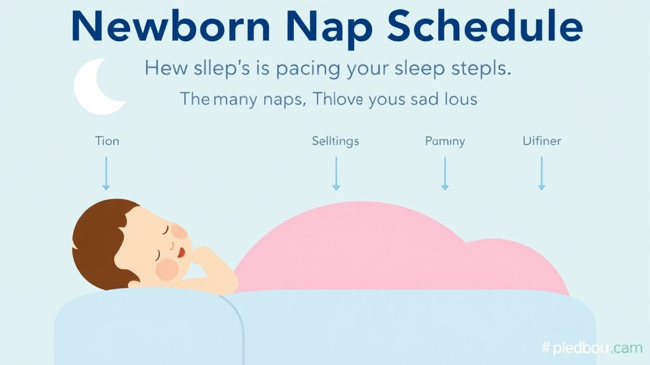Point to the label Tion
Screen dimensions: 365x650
click(x=107, y=141)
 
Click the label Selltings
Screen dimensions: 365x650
click(x=335, y=141)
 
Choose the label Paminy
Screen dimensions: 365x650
click(x=444, y=141)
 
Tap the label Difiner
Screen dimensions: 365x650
click(x=541, y=141)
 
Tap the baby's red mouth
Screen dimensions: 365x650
click(x=182, y=252)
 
